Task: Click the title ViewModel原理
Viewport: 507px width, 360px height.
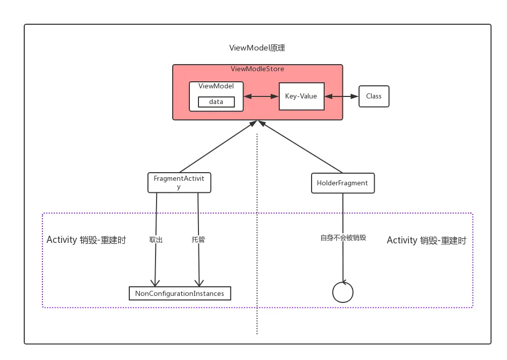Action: (x=257, y=48)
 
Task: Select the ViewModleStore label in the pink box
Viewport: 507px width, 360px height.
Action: (x=257, y=69)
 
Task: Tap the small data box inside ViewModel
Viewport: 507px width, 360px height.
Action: (x=216, y=102)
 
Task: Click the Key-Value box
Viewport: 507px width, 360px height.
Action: (x=301, y=96)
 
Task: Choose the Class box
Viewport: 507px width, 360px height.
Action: (x=374, y=96)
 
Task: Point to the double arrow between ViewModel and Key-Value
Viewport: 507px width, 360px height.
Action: (x=261, y=96)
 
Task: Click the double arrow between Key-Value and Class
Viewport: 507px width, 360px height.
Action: (x=341, y=96)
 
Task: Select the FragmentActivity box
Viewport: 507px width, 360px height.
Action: (x=179, y=182)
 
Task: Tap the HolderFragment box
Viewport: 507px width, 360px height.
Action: (x=342, y=183)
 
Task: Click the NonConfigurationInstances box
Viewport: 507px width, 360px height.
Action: (x=180, y=293)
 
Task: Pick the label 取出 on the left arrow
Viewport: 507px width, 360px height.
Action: (x=156, y=240)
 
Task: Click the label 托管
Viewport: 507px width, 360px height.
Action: (x=198, y=240)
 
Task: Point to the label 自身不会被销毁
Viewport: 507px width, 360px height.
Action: (x=343, y=237)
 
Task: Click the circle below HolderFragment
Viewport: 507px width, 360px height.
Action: (x=343, y=292)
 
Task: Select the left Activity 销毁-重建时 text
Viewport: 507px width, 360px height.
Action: (x=86, y=240)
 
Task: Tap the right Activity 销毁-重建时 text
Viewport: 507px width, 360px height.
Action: (x=426, y=240)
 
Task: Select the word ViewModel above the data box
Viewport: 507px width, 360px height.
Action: (x=216, y=86)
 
